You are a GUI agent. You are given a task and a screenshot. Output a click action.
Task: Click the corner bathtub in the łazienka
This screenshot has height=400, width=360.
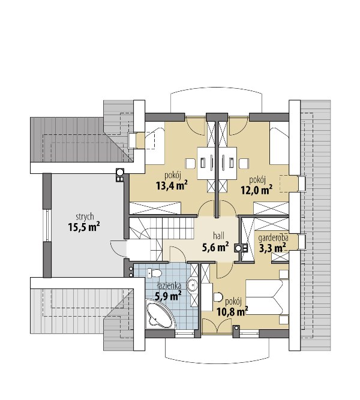[160, 314]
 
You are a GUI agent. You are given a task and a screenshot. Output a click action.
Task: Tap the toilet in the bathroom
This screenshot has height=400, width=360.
[154, 273]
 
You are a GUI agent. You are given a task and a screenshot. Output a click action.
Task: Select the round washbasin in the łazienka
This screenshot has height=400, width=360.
[191, 284]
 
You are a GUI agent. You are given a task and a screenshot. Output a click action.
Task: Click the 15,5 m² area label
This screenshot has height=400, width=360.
[84, 227]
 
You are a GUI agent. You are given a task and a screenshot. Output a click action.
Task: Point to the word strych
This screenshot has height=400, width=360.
[85, 217]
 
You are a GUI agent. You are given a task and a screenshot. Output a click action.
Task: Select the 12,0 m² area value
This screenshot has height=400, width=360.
[257, 190]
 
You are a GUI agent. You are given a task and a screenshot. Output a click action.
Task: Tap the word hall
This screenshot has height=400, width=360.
[218, 236]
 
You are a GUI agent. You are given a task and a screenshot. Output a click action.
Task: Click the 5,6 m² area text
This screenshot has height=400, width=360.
[215, 247]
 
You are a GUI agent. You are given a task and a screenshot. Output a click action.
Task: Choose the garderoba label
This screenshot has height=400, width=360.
[273, 238]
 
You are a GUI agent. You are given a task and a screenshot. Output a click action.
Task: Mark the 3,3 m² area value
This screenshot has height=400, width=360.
[272, 248]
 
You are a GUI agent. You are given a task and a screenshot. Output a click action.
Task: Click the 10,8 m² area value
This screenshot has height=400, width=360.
[232, 311]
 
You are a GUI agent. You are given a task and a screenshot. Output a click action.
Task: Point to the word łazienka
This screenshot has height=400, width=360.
[169, 285]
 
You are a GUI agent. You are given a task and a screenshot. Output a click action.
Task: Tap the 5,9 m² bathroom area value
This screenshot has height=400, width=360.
[168, 296]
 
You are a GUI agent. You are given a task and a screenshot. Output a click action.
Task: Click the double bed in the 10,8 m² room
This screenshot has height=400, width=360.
[267, 297]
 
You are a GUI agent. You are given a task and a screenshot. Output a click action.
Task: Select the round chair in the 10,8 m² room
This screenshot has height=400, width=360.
[218, 297]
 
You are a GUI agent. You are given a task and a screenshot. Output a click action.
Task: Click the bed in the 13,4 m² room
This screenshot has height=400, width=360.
[155, 143]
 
